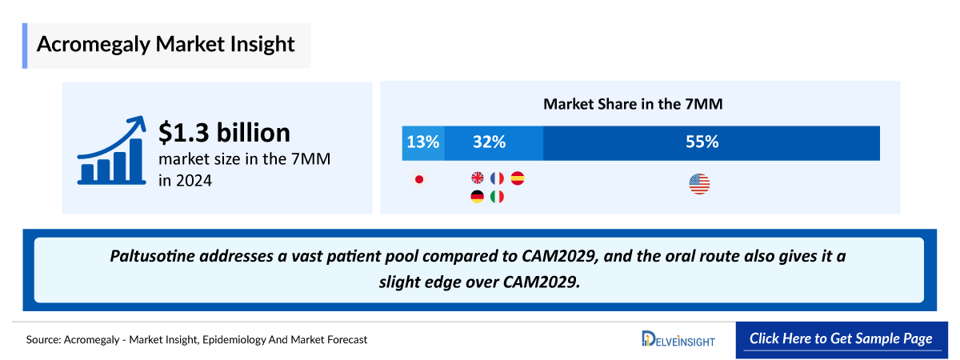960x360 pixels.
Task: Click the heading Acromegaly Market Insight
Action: click(166, 44)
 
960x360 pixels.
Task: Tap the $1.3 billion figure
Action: click(224, 132)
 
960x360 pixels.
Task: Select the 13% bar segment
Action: click(423, 142)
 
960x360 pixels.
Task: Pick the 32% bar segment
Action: click(494, 142)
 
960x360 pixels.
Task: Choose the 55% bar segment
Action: click(711, 142)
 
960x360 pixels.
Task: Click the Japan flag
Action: click(418, 179)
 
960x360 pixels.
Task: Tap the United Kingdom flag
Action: click(478, 178)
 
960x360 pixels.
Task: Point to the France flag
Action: click(497, 178)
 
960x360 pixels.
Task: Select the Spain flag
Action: click(517, 178)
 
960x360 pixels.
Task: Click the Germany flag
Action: click(478, 196)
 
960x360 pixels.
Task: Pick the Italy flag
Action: click(497, 196)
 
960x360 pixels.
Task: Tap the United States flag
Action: click(699, 185)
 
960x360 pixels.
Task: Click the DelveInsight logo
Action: click(678, 339)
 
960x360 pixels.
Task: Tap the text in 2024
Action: click(185, 181)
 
